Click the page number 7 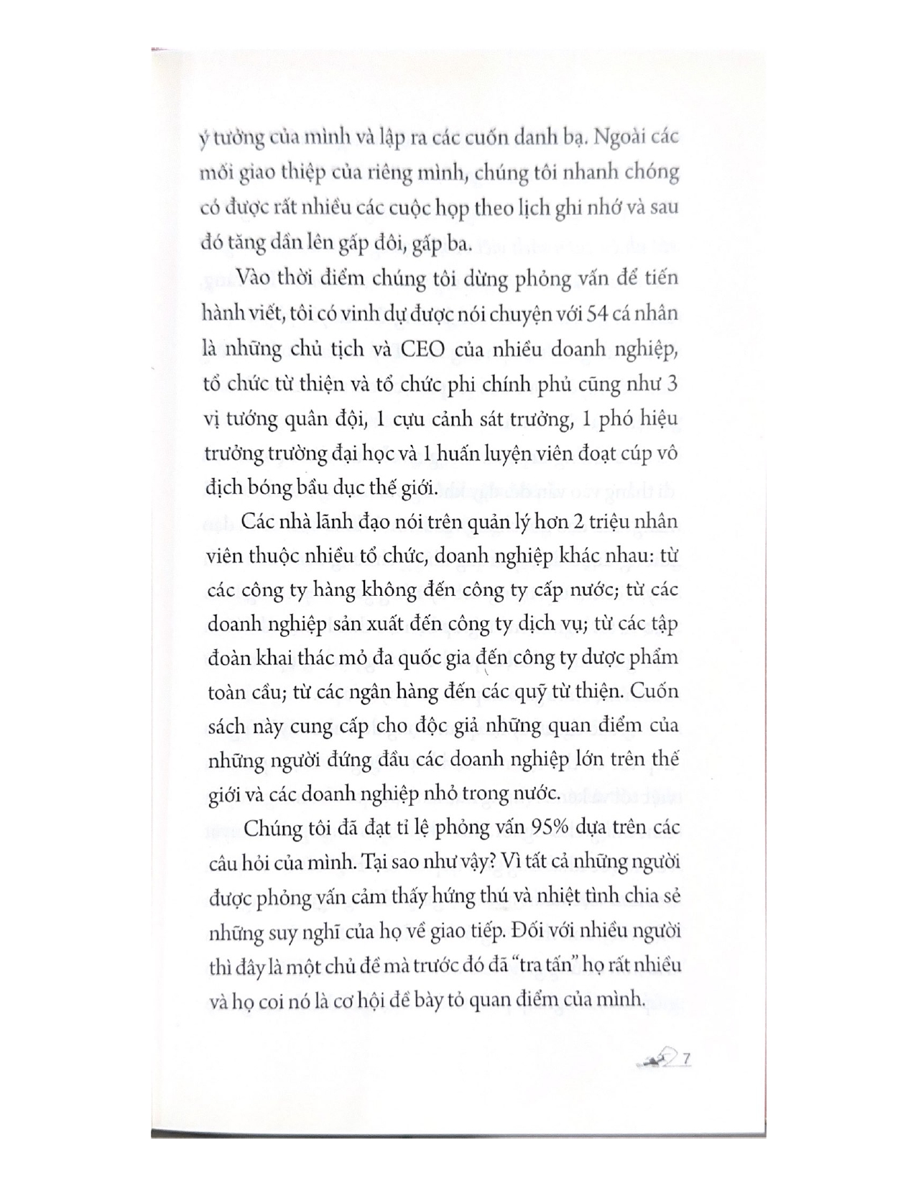(688, 1059)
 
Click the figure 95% (550, 827)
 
